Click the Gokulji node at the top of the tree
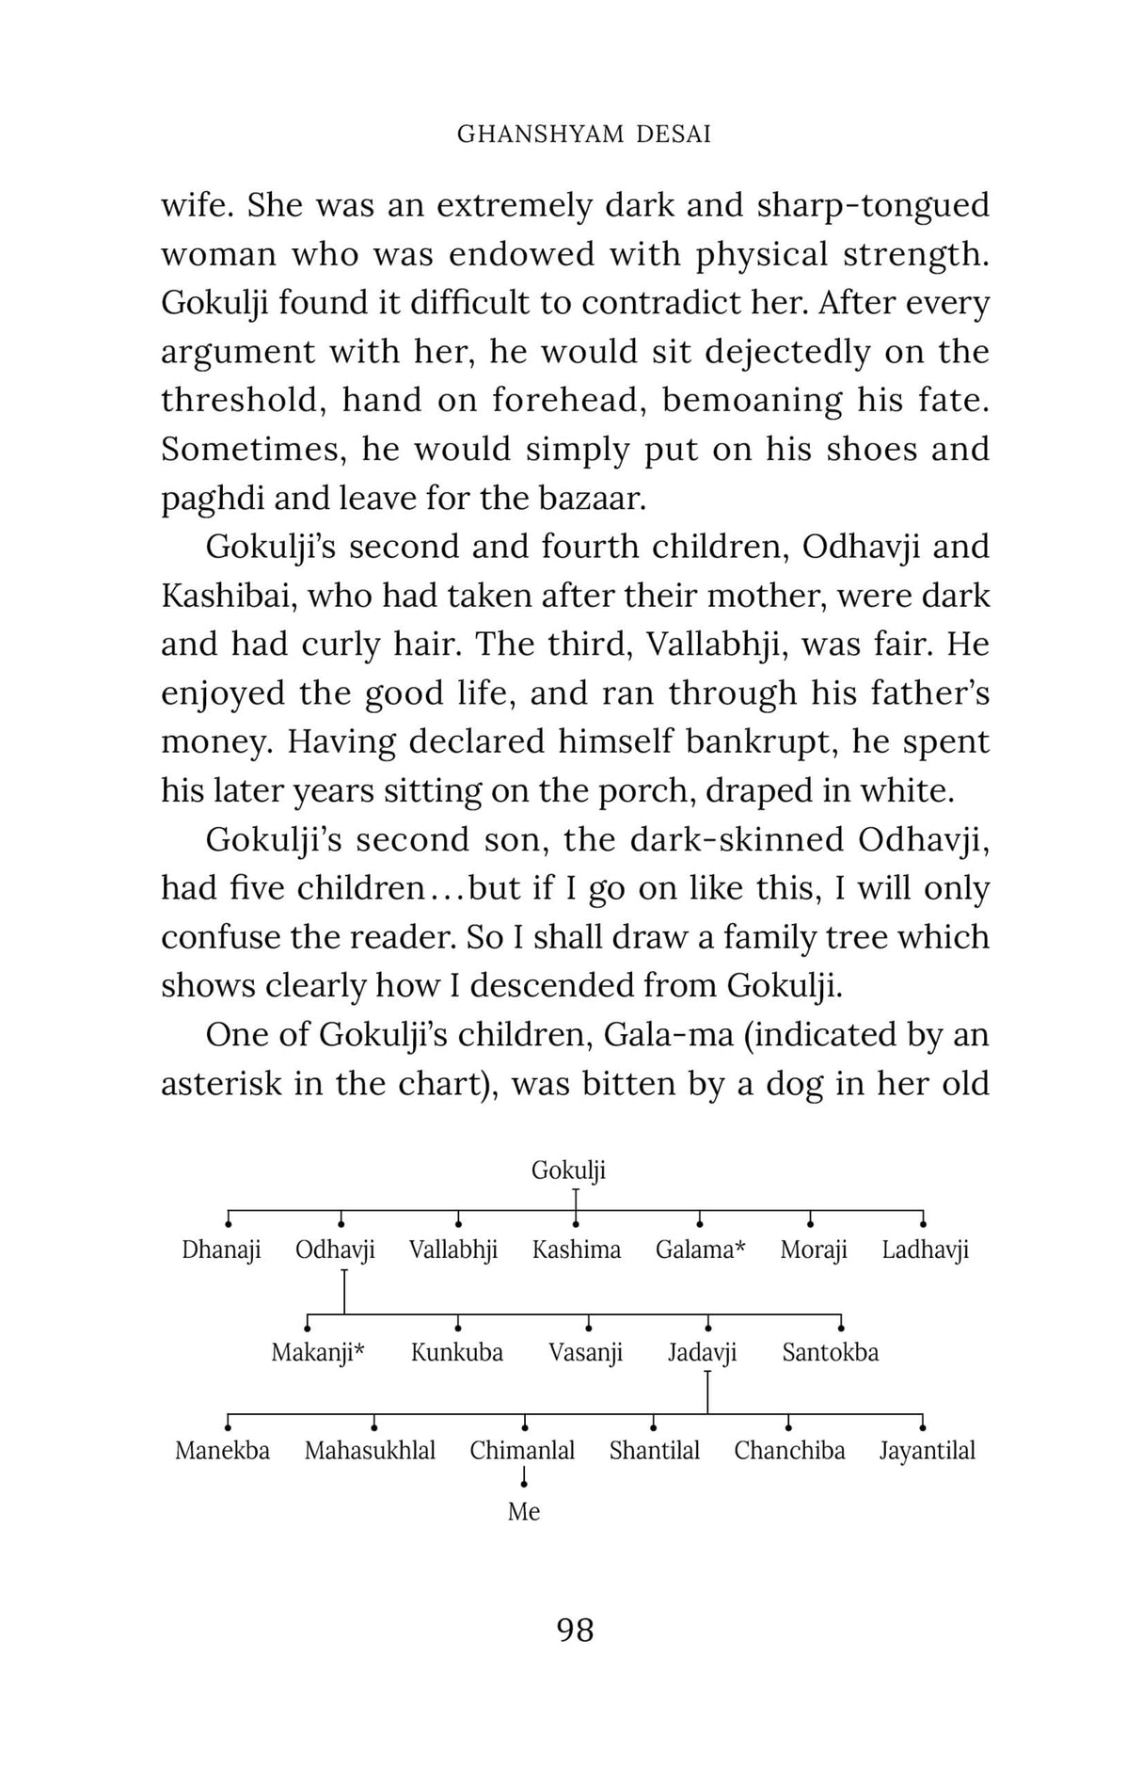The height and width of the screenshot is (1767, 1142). click(568, 1170)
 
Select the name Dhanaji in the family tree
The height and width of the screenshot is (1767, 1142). click(221, 1250)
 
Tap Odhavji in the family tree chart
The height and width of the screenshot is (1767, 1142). click(335, 1250)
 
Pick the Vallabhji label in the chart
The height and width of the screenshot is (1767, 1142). click(453, 1250)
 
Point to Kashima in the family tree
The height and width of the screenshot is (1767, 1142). click(577, 1250)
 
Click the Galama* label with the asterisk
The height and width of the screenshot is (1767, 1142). click(700, 1250)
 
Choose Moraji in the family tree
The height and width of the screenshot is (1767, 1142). click(814, 1250)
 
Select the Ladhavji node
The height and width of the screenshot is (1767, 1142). click(925, 1250)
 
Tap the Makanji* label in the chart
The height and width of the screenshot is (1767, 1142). click(318, 1352)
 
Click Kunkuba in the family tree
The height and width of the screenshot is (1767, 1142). click(457, 1352)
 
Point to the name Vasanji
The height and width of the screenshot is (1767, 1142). click(586, 1352)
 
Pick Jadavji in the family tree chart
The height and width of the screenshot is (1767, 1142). click(703, 1352)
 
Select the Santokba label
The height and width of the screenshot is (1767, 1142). click(831, 1352)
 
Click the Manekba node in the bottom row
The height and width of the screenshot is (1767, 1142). click(222, 1450)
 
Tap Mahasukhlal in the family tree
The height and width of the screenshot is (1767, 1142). click(370, 1450)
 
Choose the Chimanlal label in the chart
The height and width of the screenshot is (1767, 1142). click(522, 1450)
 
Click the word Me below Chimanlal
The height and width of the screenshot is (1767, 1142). click(524, 1511)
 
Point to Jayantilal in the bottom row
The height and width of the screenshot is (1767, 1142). click(928, 1450)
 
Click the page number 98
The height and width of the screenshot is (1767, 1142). click(576, 1629)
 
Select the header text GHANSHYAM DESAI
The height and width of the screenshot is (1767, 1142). click(584, 135)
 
